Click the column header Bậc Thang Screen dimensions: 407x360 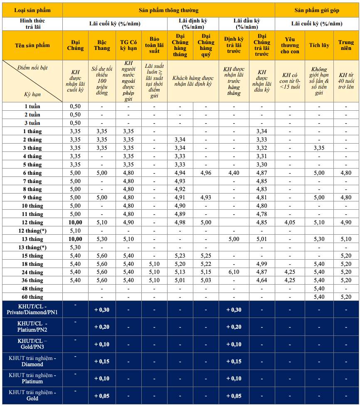[x=102, y=45]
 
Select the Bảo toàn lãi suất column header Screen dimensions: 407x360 [x=154, y=45]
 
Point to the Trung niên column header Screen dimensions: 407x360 [x=346, y=45]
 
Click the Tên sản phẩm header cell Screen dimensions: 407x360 [x=32, y=45]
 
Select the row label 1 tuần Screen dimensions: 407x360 [x=32, y=106]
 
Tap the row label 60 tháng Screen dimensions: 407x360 [x=32, y=297]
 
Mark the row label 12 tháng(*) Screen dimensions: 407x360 [x=32, y=231]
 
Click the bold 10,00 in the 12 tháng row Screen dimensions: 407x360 [x=75, y=222]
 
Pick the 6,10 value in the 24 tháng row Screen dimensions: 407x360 [x=234, y=272]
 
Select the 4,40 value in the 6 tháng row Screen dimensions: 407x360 [x=234, y=173]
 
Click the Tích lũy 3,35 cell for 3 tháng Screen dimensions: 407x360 [x=319, y=148]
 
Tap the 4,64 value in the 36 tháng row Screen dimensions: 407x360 [x=261, y=280]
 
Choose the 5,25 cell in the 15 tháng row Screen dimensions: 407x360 [x=206, y=256]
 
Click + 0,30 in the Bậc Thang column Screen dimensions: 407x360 [x=102, y=310]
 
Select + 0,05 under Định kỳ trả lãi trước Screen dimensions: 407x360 [x=234, y=396]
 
